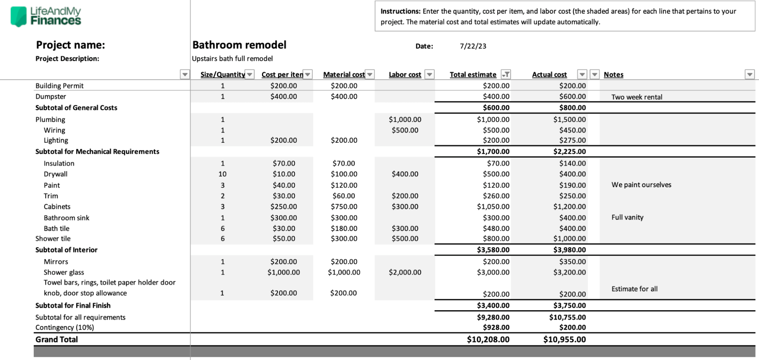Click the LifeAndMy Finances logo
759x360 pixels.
click(x=46, y=16)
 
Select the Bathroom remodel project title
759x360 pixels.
click(x=239, y=45)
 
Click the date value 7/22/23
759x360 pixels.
click(x=473, y=46)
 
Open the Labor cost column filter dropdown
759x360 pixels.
click(x=429, y=74)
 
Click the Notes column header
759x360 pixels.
click(x=613, y=74)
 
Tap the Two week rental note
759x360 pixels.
click(x=636, y=97)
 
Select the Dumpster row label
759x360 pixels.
click(x=50, y=96)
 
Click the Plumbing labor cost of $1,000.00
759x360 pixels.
click(x=405, y=119)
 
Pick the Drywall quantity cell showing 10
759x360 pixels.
click(x=222, y=174)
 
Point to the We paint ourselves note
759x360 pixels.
click(x=641, y=185)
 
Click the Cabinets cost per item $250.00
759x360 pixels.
click(x=284, y=207)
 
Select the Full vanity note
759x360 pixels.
click(x=627, y=217)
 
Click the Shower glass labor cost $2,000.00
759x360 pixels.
click(x=405, y=272)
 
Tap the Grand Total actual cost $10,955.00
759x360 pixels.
click(x=564, y=339)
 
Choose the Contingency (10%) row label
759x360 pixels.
click(x=65, y=327)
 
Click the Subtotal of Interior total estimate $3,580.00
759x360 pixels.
click(x=493, y=250)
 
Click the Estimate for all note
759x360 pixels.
click(x=634, y=289)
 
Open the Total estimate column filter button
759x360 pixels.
click(x=505, y=74)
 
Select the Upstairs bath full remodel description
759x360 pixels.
click(x=232, y=58)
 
